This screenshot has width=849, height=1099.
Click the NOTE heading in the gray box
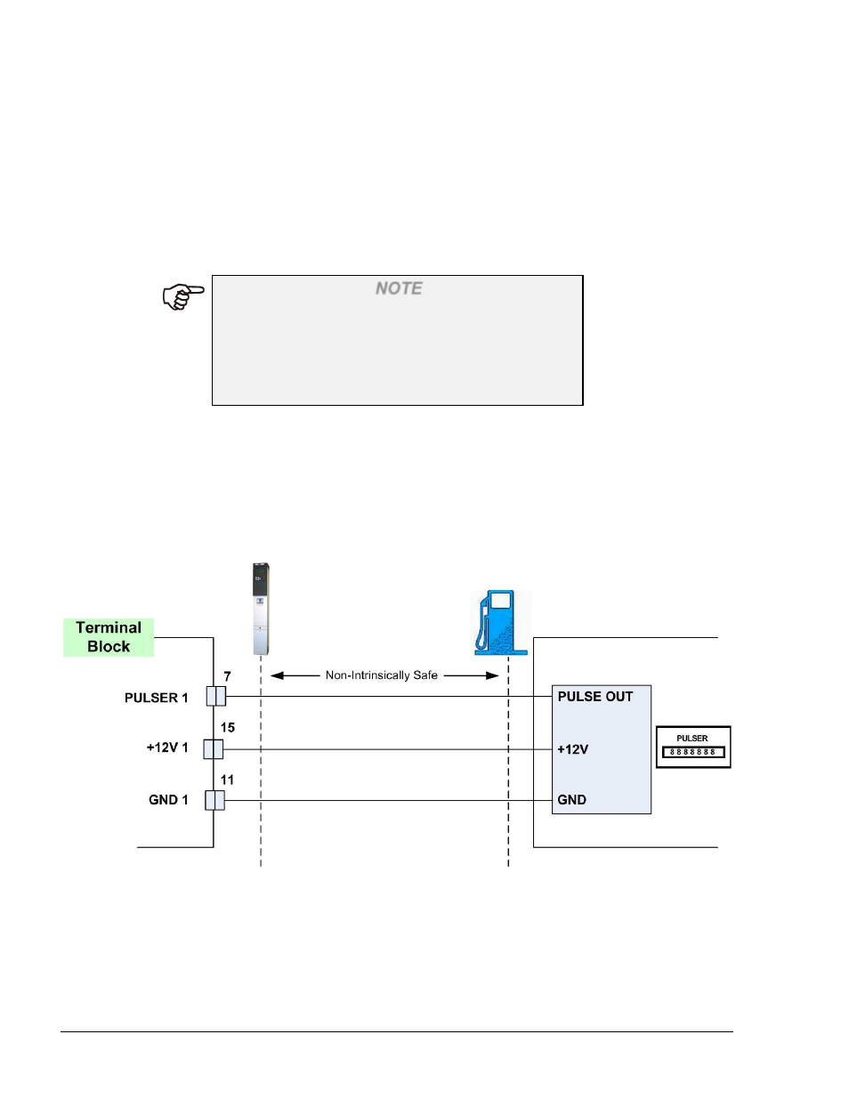[x=399, y=288]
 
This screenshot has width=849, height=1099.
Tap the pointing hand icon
[x=182, y=296]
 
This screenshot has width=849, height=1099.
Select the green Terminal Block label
[x=109, y=637]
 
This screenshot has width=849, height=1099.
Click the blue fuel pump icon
[x=501, y=623]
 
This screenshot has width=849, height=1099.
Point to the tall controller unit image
[x=260, y=609]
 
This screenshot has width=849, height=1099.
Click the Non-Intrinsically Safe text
[x=381, y=675]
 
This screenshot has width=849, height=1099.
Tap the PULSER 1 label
[x=156, y=698]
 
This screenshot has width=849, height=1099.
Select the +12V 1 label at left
[x=166, y=747]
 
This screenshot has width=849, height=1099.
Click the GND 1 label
[x=168, y=800]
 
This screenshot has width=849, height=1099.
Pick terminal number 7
[x=227, y=676]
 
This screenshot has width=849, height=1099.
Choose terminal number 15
[x=228, y=727]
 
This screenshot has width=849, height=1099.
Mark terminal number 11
[x=227, y=780]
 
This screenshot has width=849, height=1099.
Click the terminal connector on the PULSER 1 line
[x=215, y=696]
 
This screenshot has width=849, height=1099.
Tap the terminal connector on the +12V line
[x=213, y=749]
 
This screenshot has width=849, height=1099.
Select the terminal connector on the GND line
[x=214, y=800]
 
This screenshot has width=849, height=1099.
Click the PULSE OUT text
[x=594, y=697]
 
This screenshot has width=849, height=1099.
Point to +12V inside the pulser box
[x=572, y=749]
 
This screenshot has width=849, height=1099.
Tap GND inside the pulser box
[x=571, y=800]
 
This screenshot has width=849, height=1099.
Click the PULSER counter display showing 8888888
[x=693, y=752]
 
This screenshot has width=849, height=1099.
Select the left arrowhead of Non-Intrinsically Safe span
[x=277, y=675]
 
